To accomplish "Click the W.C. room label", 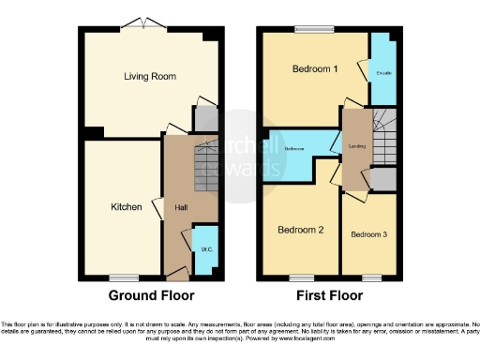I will (x=205, y=248).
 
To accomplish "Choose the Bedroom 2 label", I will (x=301, y=230).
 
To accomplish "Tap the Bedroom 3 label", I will (x=367, y=234).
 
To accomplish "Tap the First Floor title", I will (x=330, y=295).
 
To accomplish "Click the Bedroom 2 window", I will (x=301, y=277).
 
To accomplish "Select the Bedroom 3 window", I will (x=371, y=277).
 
